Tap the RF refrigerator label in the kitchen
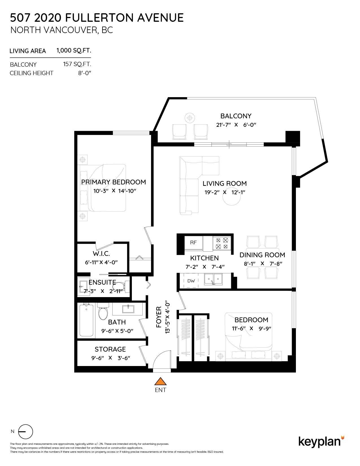193,242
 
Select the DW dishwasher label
191,281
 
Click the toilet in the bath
103,312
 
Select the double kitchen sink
213,279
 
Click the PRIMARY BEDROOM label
114,182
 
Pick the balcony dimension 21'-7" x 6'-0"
236,125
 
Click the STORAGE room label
110,349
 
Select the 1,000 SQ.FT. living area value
74,51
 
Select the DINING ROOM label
262,255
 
